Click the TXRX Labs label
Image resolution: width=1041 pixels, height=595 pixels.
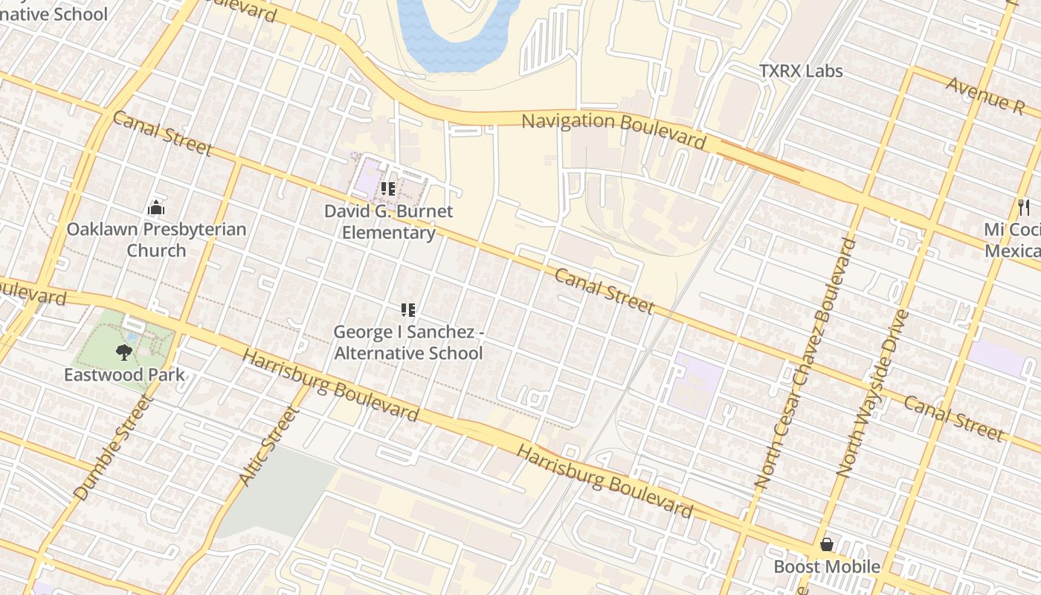point(801,71)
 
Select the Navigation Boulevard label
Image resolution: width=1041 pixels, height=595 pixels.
point(613,130)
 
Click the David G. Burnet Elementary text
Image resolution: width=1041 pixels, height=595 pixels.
point(388,222)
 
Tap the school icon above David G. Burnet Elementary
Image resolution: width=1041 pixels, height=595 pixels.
point(387,189)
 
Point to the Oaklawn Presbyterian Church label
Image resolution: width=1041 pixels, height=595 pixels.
point(156,239)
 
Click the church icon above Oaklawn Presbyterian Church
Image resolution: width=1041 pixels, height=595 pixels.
point(156,207)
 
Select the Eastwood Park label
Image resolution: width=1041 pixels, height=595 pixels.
point(124,374)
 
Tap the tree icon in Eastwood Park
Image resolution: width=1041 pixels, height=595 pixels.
point(124,352)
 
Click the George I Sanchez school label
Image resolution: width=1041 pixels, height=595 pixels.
point(408,342)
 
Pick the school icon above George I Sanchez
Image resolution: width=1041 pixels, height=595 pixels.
point(407,309)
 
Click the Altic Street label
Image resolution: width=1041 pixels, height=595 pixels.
point(268,446)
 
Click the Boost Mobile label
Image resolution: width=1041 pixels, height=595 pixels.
point(827,567)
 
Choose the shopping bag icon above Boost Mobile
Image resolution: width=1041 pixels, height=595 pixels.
point(826,545)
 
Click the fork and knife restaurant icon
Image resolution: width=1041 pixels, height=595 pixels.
point(1024,207)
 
